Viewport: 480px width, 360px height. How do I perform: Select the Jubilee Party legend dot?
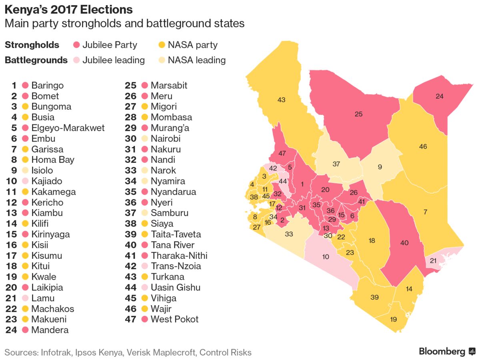pos(77,45)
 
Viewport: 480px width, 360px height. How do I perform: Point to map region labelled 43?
pos(281,100)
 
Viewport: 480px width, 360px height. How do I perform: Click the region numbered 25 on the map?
pos(358,114)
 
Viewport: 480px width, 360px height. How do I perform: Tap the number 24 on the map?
pos(440,96)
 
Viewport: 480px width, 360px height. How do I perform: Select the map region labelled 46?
pos(423,147)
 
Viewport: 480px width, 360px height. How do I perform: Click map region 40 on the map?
pos(404,242)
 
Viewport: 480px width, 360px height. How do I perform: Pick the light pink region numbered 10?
pos(326,256)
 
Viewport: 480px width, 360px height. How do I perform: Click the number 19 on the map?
pos(393,319)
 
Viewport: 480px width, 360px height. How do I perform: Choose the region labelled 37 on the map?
pos(336,164)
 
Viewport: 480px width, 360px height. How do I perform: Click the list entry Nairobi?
pos(166,139)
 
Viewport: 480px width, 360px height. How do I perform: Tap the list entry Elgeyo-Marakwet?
pos(68,128)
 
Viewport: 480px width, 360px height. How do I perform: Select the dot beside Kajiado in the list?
pos(25,181)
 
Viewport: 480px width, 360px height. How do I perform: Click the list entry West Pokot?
pos(174,319)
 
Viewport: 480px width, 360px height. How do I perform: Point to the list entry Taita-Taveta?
pos(176,234)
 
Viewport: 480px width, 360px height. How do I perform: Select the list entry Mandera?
pos(50,330)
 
